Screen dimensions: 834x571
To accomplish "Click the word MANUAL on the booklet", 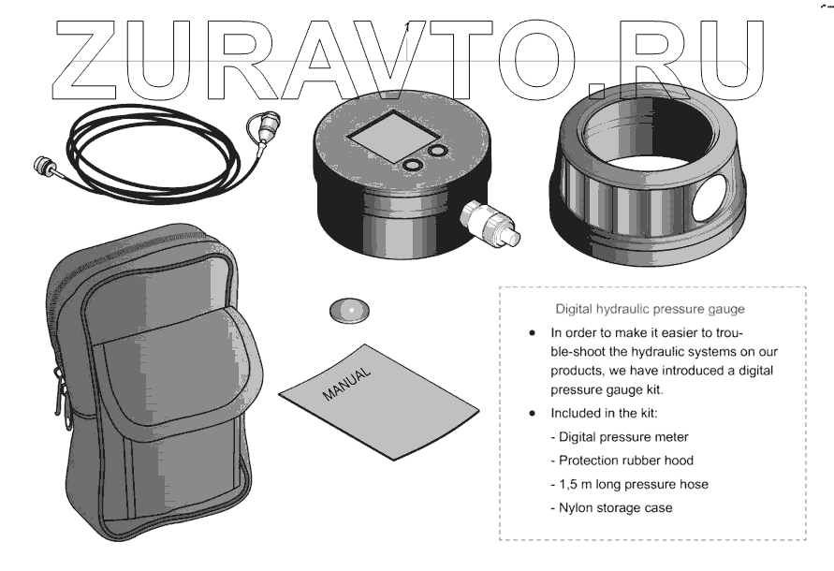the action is coord(346,384).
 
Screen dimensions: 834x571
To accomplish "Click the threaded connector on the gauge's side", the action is coord(490,224).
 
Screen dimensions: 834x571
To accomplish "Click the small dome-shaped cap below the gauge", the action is coord(349,310).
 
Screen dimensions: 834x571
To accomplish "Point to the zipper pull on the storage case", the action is coord(61,395).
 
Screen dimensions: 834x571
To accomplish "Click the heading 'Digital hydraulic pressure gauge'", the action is coord(650,309).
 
